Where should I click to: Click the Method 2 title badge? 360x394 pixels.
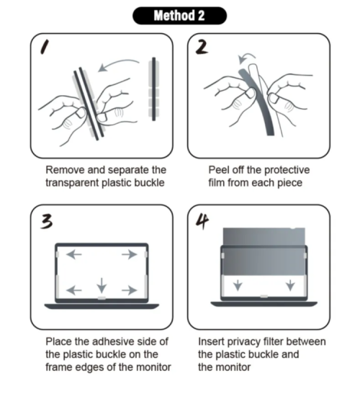click(x=179, y=16)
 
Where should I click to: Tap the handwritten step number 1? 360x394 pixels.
click(x=45, y=47)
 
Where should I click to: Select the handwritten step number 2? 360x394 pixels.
click(x=202, y=48)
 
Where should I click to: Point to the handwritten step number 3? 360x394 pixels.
click(x=47, y=221)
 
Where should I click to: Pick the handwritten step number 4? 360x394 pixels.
click(x=202, y=221)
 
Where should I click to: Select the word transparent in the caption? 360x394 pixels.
click(x=72, y=183)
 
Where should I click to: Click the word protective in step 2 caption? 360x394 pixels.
click(x=287, y=170)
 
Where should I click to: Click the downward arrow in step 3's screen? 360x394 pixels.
click(x=102, y=285)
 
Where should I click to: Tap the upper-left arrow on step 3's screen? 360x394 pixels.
click(x=74, y=254)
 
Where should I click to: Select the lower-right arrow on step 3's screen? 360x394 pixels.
click(x=130, y=290)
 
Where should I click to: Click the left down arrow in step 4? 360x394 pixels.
click(x=238, y=285)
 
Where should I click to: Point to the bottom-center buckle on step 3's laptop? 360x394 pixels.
click(x=102, y=298)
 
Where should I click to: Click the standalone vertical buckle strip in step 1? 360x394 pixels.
click(x=154, y=89)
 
